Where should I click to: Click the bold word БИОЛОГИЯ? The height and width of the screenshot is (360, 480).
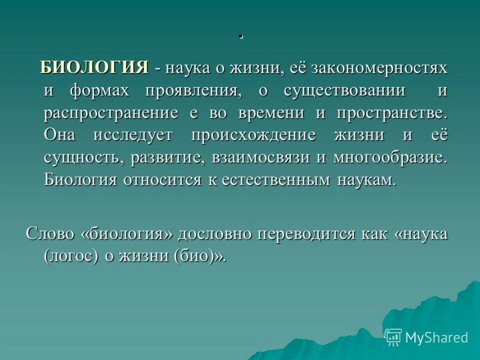[x=94, y=68]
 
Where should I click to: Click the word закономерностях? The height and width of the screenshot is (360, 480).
[x=379, y=68]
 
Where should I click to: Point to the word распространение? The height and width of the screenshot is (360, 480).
[x=111, y=113]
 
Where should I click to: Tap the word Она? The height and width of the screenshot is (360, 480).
[x=60, y=135]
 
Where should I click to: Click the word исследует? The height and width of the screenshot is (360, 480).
[x=132, y=135]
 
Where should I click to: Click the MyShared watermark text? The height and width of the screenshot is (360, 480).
[x=436, y=337]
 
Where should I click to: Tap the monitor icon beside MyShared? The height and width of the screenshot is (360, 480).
[x=393, y=337]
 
